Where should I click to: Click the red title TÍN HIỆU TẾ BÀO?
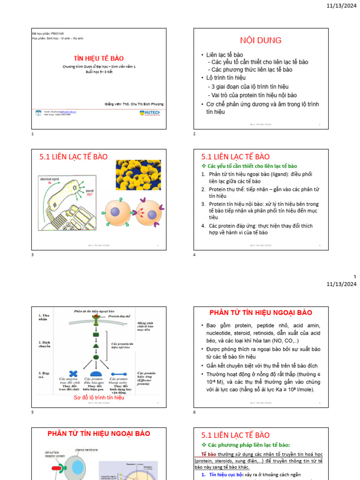pos(98,59)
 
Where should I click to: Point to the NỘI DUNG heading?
pos(261,40)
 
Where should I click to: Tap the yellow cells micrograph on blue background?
pos(138,175)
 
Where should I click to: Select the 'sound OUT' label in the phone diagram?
pos(89,193)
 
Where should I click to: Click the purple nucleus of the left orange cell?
pos(114,213)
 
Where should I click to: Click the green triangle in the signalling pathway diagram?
pos(96,346)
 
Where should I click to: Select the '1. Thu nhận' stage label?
pos(45,317)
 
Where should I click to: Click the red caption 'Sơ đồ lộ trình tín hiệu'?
pos(98,397)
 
